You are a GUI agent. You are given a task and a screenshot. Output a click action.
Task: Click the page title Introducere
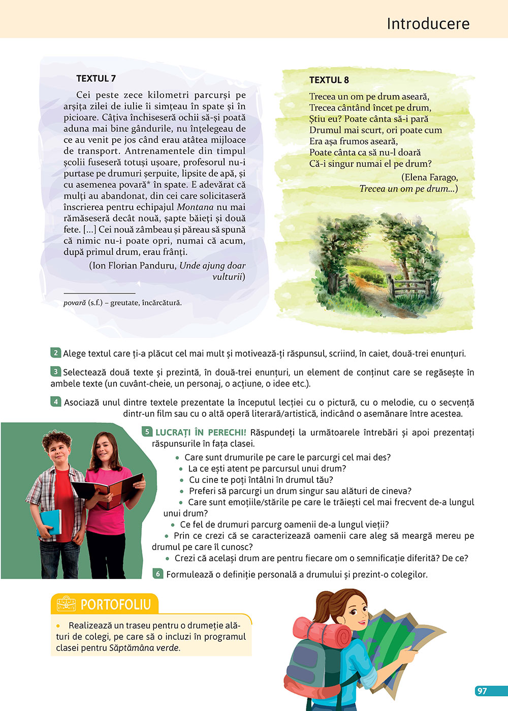point(428,23)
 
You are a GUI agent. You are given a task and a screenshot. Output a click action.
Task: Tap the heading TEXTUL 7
point(96,78)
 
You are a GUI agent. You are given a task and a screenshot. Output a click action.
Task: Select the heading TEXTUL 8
point(329,80)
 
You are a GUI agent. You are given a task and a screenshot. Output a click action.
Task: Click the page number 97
point(482,691)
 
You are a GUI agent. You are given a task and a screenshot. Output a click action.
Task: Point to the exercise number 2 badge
point(56,353)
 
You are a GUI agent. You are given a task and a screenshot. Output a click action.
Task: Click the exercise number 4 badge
point(56,402)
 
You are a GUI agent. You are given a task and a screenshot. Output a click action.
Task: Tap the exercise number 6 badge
point(158,574)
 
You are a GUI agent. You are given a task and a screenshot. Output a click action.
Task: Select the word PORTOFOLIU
point(116,605)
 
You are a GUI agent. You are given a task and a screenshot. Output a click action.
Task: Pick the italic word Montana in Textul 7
point(195,207)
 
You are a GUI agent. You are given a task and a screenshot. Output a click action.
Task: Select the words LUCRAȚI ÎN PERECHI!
point(201,432)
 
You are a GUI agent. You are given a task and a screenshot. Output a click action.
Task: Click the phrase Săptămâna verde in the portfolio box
point(144,648)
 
